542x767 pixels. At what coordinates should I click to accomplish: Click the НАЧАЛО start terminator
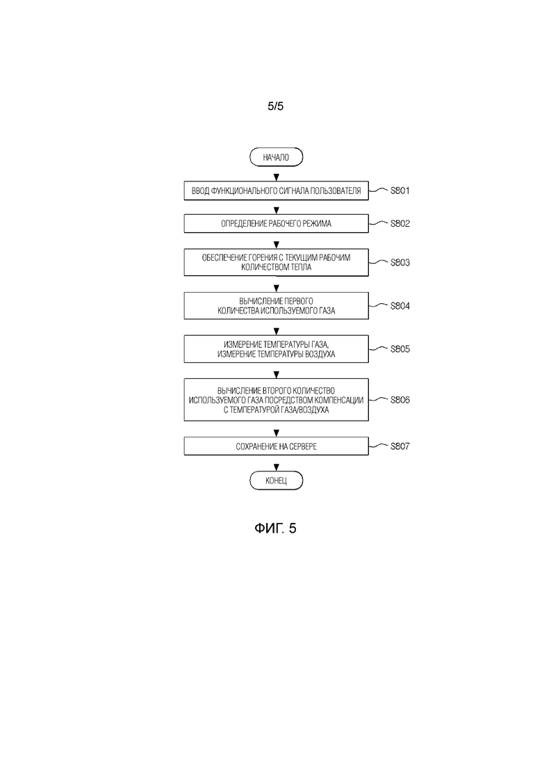(276, 157)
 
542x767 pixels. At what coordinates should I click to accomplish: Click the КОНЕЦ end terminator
(276, 481)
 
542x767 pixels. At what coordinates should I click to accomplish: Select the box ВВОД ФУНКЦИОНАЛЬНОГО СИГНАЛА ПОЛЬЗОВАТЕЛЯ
(276, 191)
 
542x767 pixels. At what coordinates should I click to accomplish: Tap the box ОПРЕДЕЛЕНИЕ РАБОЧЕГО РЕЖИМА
(276, 223)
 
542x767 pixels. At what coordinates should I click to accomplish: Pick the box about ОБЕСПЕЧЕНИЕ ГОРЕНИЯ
(276, 262)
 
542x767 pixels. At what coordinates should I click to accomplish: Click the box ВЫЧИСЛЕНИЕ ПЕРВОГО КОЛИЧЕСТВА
(276, 306)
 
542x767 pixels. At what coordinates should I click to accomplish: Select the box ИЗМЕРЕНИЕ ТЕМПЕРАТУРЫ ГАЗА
(276, 349)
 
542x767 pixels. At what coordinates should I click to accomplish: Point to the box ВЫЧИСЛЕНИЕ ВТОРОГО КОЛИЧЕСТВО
(276, 400)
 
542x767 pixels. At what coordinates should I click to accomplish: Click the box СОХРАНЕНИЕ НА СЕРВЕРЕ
(276, 446)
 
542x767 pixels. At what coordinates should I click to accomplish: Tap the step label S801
(400, 191)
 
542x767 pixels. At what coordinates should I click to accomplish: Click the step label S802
(400, 223)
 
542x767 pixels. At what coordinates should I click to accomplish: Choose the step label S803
(400, 262)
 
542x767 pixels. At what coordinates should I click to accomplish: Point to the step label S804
(400, 306)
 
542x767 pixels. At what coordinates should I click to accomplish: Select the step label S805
(400, 349)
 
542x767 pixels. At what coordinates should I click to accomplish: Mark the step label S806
(400, 400)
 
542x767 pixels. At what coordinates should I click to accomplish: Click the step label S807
(400, 446)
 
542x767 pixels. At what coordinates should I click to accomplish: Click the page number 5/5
(276, 106)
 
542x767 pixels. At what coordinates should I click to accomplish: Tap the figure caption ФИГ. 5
(275, 528)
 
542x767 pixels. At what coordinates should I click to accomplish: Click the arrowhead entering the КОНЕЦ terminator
(276, 467)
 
